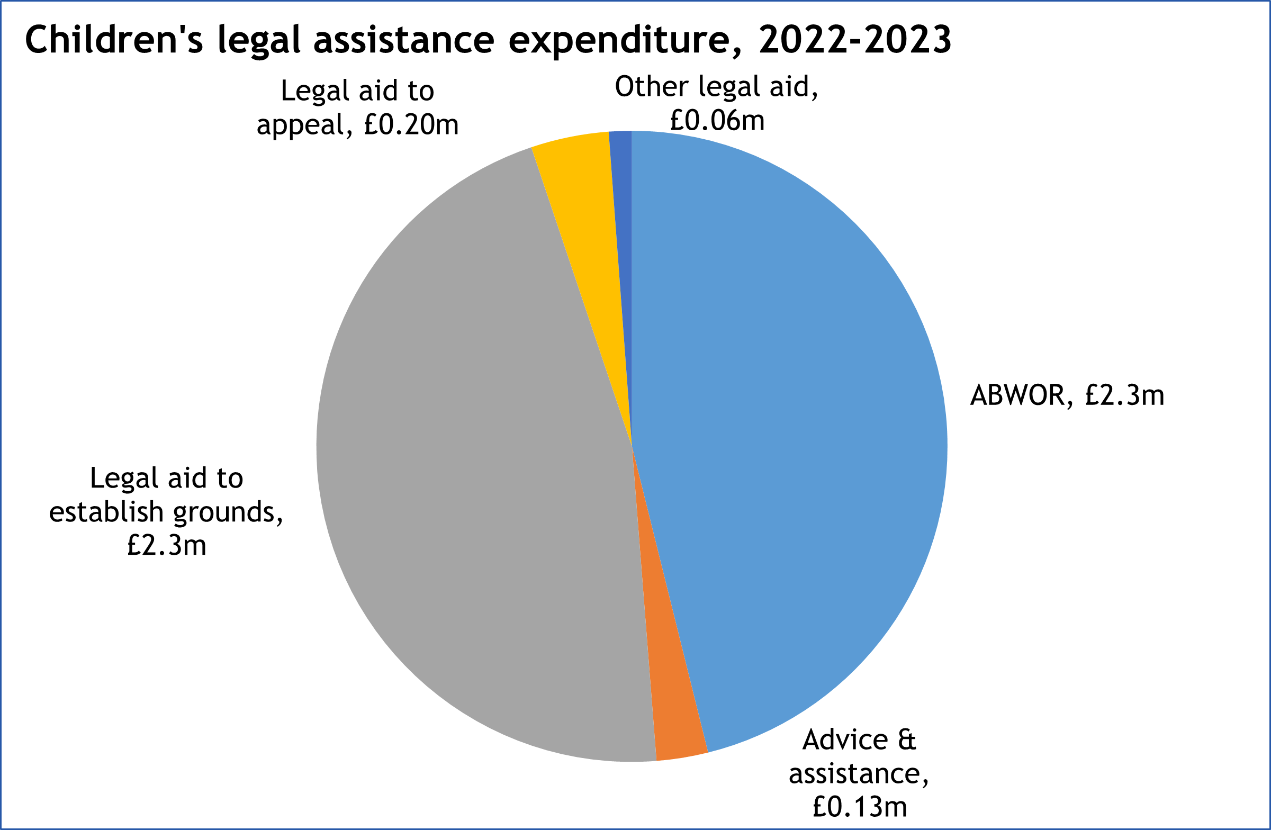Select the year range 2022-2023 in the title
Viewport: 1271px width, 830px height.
tap(854, 40)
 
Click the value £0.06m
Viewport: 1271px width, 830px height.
tap(717, 121)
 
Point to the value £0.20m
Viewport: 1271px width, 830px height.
tap(411, 125)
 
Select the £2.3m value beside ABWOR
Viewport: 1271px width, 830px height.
tap(1124, 396)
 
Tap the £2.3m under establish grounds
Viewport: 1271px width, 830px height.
tap(167, 545)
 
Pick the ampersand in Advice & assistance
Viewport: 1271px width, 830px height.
tap(906, 740)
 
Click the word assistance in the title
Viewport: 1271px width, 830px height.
tap(404, 40)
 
